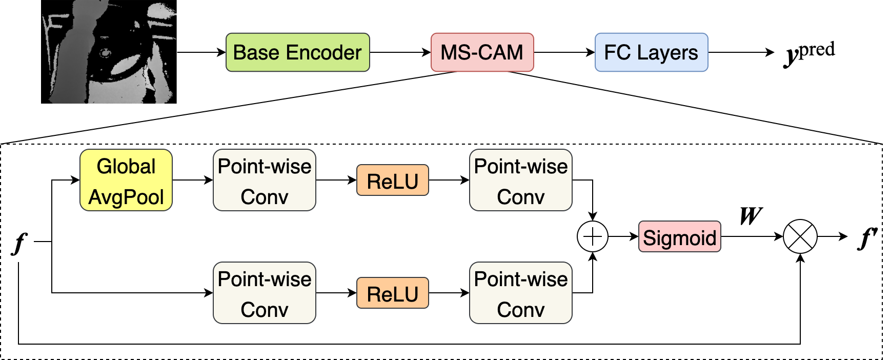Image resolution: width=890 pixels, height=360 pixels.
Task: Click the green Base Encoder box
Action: pyautogui.click(x=298, y=52)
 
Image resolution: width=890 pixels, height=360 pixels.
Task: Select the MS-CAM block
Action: pyautogui.click(x=482, y=52)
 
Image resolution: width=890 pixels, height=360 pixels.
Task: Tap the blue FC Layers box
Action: pyautogui.click(x=651, y=52)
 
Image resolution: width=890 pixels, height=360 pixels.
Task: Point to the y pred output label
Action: pyautogui.click(x=810, y=53)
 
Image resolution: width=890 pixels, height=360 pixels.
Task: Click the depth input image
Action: pyautogui.click(x=109, y=52)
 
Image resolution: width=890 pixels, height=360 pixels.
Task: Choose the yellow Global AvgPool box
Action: pyautogui.click(x=126, y=180)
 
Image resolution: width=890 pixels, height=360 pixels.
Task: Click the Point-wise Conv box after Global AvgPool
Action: pyautogui.click(x=265, y=180)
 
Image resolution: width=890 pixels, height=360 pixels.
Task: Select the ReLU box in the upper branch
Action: pyautogui.click(x=393, y=180)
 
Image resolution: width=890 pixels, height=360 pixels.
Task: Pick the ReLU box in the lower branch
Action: pyautogui.click(x=393, y=293)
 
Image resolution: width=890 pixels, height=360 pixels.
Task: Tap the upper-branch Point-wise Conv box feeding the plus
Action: pyautogui.click(x=521, y=180)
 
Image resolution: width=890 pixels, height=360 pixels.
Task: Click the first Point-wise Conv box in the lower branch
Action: pyautogui.click(x=265, y=293)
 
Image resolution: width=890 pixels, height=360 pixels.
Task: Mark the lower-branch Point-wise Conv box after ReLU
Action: pyautogui.click(x=521, y=293)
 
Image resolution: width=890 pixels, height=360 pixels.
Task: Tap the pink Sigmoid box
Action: pyautogui.click(x=680, y=236)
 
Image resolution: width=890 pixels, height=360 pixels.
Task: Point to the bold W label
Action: pyautogui.click(x=751, y=216)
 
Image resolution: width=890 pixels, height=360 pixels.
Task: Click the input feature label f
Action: pyautogui.click(x=19, y=243)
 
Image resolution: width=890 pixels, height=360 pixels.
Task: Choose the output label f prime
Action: pyautogui.click(x=867, y=238)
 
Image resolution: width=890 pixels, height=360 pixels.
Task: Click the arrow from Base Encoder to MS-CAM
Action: pyautogui.click(x=400, y=52)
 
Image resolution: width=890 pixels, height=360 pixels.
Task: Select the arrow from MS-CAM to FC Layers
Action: pyautogui.click(x=564, y=52)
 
